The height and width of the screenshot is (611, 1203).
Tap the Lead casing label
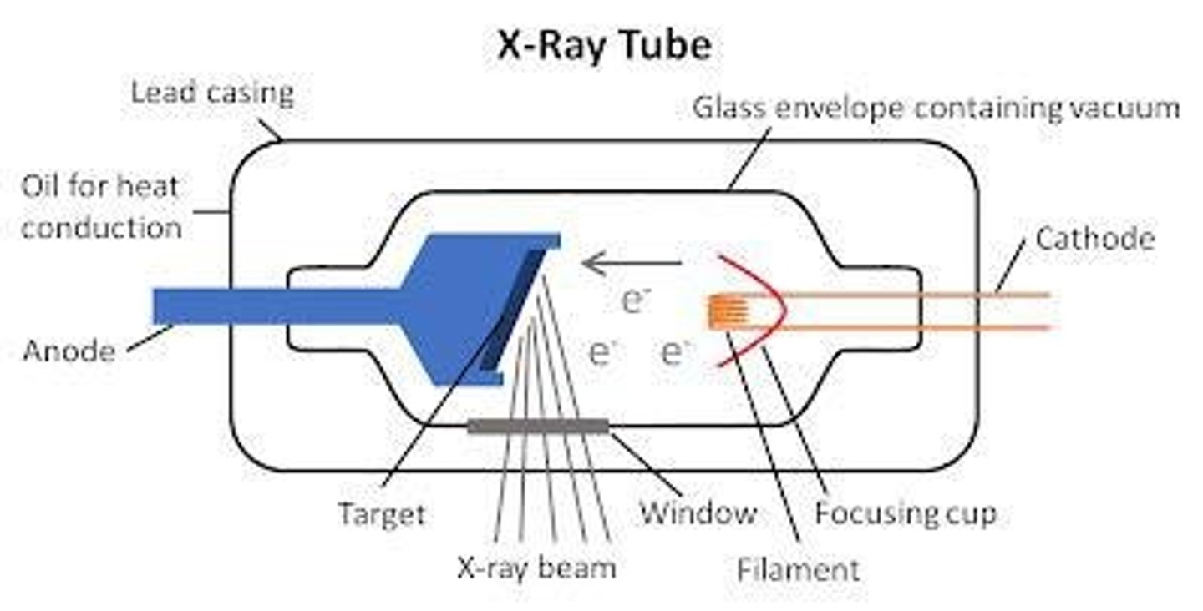pos(212,93)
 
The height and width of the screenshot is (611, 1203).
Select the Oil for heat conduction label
pos(100,205)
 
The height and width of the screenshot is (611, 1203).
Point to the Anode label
pos(69,350)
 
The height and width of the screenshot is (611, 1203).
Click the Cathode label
pos(1094,239)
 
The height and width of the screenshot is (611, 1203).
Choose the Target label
pos(381,513)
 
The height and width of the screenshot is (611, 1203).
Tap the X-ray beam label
pos(536,568)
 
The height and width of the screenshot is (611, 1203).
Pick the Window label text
pos(698,513)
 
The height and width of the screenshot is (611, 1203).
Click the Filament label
pos(798,569)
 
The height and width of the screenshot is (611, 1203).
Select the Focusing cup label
pos(906,513)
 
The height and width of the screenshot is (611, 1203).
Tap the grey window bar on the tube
pos(538,427)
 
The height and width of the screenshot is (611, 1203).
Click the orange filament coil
pos(725,311)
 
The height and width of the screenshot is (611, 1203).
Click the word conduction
pos(100,227)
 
